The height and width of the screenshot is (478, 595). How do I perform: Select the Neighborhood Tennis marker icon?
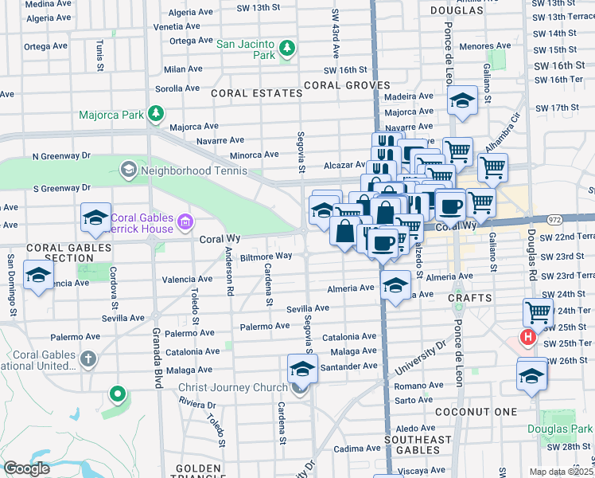[x=128, y=170]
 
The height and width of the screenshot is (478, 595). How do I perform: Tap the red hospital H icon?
[x=527, y=338]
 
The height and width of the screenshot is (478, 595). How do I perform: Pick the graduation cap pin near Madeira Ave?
[x=461, y=101]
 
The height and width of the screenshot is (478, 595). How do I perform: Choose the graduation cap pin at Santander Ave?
[x=302, y=369]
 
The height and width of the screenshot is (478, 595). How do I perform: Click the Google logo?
[x=26, y=468]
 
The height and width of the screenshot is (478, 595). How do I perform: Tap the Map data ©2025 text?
[x=561, y=472]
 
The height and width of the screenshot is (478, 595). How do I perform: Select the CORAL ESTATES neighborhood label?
[x=256, y=93]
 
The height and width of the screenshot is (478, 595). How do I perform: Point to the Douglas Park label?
[x=560, y=429]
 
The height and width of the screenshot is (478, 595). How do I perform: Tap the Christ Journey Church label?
[x=232, y=388]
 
